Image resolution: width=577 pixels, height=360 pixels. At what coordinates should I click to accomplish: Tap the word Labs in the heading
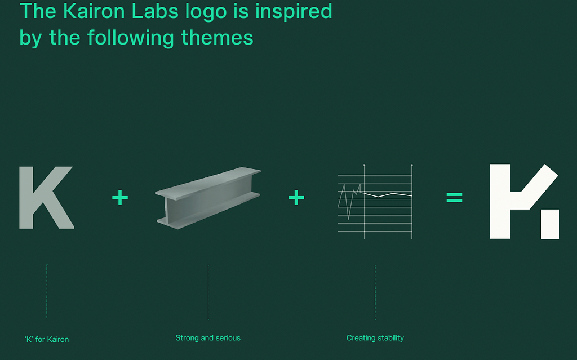156,11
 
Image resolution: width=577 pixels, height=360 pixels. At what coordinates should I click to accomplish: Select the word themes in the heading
217,38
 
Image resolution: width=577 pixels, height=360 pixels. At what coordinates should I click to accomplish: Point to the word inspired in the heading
294,12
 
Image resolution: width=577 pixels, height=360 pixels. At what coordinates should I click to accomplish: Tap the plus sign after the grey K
120,198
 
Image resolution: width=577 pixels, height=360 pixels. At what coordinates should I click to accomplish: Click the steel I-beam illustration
208,198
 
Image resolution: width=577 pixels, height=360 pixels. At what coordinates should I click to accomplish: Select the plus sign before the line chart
296,198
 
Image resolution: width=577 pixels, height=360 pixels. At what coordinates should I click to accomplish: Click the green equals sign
454,198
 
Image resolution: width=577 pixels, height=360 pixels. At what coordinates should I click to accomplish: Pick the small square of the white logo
550,224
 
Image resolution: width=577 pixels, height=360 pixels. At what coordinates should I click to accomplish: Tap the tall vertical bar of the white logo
500,201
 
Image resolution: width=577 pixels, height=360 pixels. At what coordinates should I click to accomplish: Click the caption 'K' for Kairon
47,339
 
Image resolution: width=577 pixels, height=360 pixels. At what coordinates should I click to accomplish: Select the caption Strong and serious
208,338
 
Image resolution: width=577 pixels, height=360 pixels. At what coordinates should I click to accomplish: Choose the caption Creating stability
375,338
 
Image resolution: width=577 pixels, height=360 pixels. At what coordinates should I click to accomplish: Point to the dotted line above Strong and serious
208,292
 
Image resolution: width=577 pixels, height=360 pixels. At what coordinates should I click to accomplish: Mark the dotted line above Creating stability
375,292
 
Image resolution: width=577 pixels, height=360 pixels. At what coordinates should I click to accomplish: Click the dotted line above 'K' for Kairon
47,292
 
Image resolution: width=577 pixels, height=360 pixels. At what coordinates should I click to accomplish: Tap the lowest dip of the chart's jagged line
348,219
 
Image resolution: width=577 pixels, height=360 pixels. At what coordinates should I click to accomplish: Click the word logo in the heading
206,12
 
